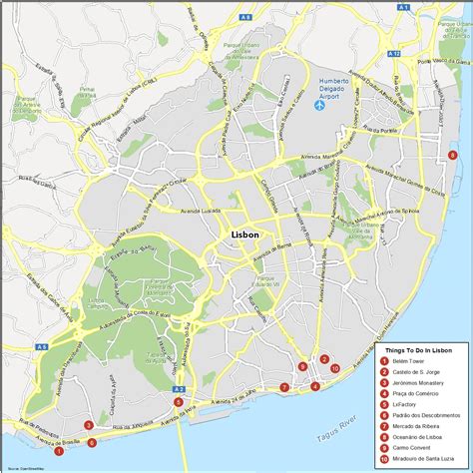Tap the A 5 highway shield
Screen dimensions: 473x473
(43, 318)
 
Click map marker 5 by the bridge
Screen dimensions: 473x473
(178, 402)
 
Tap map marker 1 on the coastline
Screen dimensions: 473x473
(58, 451)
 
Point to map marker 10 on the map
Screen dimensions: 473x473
(334, 368)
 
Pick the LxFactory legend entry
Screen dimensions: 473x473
(405, 408)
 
